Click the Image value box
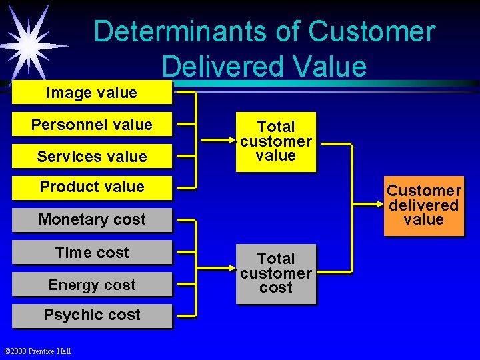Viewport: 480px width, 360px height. (91, 93)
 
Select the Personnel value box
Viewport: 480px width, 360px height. (91, 125)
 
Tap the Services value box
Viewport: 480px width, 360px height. (91, 157)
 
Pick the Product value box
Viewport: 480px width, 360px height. (91, 187)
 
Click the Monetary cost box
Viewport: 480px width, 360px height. (91, 219)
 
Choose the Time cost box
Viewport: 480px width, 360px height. (91, 253)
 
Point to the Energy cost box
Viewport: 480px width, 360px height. (91, 285)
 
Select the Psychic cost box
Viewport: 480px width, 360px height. (91, 315)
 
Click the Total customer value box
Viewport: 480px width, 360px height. (275, 141)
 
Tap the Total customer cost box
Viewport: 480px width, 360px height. (275, 273)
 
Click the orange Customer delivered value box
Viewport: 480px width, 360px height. (423, 205)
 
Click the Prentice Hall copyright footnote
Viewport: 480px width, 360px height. (37, 351)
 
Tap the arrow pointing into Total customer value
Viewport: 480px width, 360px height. (220, 141)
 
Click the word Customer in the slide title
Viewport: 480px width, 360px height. (371, 32)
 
